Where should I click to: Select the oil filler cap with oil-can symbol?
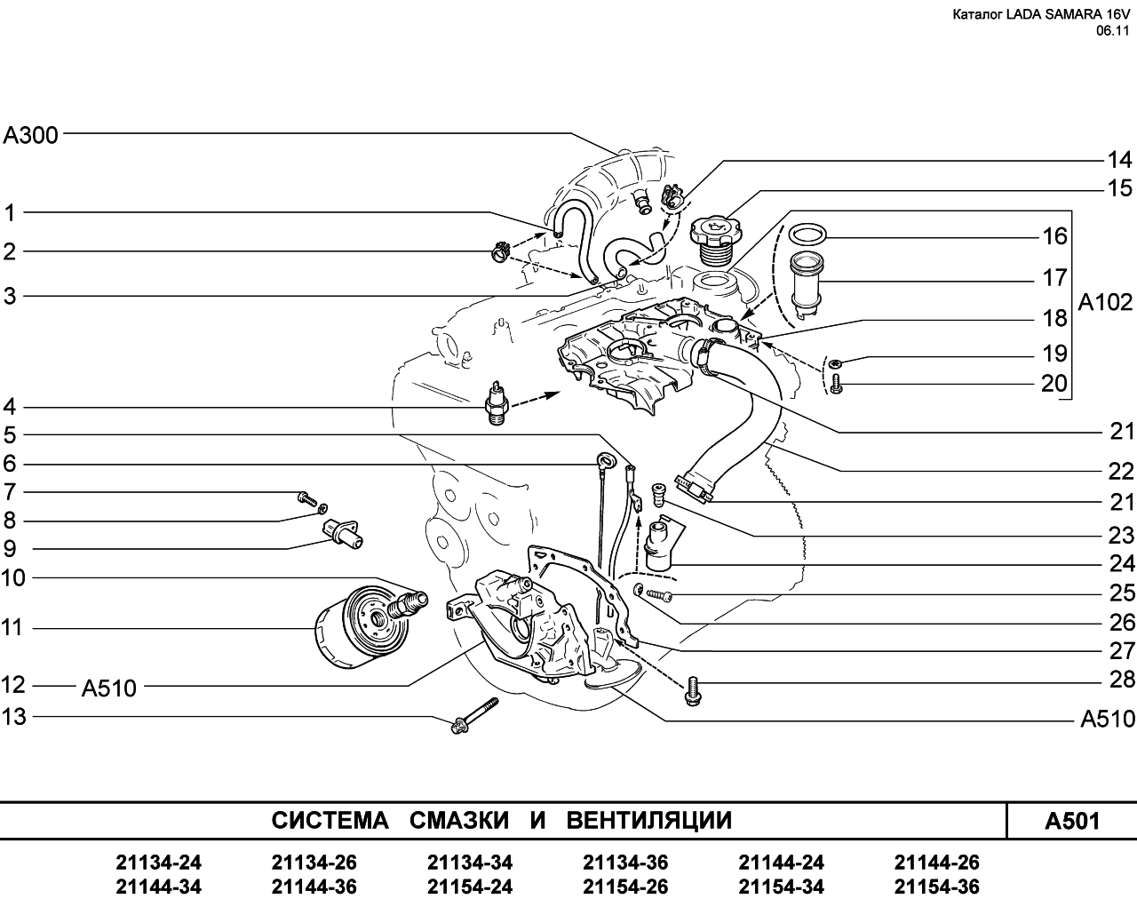pyautogui.click(x=717, y=240)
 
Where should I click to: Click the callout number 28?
pyautogui.click(x=1122, y=680)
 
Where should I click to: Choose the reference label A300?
pyautogui.click(x=30, y=135)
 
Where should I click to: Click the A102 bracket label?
pyautogui.click(x=1105, y=302)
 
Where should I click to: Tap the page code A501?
pyautogui.click(x=1072, y=821)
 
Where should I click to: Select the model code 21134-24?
pyautogui.click(x=158, y=863)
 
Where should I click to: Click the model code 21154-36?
pyautogui.click(x=937, y=887)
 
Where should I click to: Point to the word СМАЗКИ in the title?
pyautogui.click(x=459, y=820)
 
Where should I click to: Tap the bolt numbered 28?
pyautogui.click(x=693, y=691)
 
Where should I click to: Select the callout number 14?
pyautogui.click(x=1119, y=160)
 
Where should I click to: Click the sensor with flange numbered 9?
pyautogui.click(x=342, y=533)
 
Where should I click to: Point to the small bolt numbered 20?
pyautogui.click(x=836, y=384)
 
